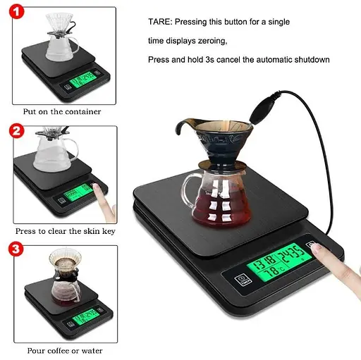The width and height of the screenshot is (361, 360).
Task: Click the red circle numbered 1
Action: [16, 12]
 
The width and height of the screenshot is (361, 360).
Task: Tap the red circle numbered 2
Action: [16, 131]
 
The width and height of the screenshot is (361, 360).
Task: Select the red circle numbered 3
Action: [16, 249]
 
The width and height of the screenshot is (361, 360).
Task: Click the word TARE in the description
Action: [159, 22]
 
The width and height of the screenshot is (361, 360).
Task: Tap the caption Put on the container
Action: [62, 111]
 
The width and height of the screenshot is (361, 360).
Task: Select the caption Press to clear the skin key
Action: [66, 231]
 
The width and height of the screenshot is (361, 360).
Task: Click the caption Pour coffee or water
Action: [65, 351]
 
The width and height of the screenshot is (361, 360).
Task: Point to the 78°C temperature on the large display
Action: [274, 271]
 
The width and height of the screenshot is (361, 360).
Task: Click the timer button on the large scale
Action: [243, 280]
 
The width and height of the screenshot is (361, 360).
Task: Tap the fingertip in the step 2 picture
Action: [96, 187]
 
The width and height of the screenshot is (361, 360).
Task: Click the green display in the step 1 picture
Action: [83, 79]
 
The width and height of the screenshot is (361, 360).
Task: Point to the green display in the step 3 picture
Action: [86, 317]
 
